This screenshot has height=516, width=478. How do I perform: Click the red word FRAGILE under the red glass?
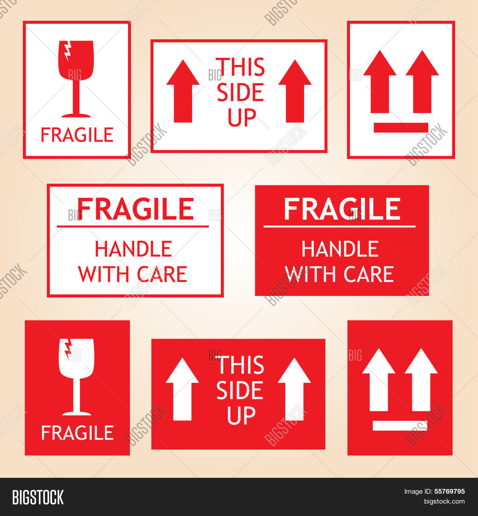[77, 135]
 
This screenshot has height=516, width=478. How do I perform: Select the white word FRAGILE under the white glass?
[77, 433]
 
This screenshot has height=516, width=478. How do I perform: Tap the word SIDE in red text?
[240, 92]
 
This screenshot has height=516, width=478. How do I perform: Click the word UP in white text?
[241, 415]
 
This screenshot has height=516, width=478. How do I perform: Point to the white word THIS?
[241, 365]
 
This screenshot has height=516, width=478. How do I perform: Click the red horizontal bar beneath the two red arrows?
[401, 127]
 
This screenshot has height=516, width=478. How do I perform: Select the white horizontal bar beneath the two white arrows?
[400, 426]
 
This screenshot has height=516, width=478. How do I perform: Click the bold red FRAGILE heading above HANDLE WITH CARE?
[135, 209]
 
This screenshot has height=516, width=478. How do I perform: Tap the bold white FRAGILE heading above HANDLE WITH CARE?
[342, 209]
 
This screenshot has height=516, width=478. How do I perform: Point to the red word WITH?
[104, 274]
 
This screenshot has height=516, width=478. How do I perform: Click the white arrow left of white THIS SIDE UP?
[182, 389]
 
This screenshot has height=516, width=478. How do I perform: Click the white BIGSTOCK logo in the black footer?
[38, 498]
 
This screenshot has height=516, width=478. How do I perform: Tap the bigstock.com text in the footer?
[444, 502]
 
